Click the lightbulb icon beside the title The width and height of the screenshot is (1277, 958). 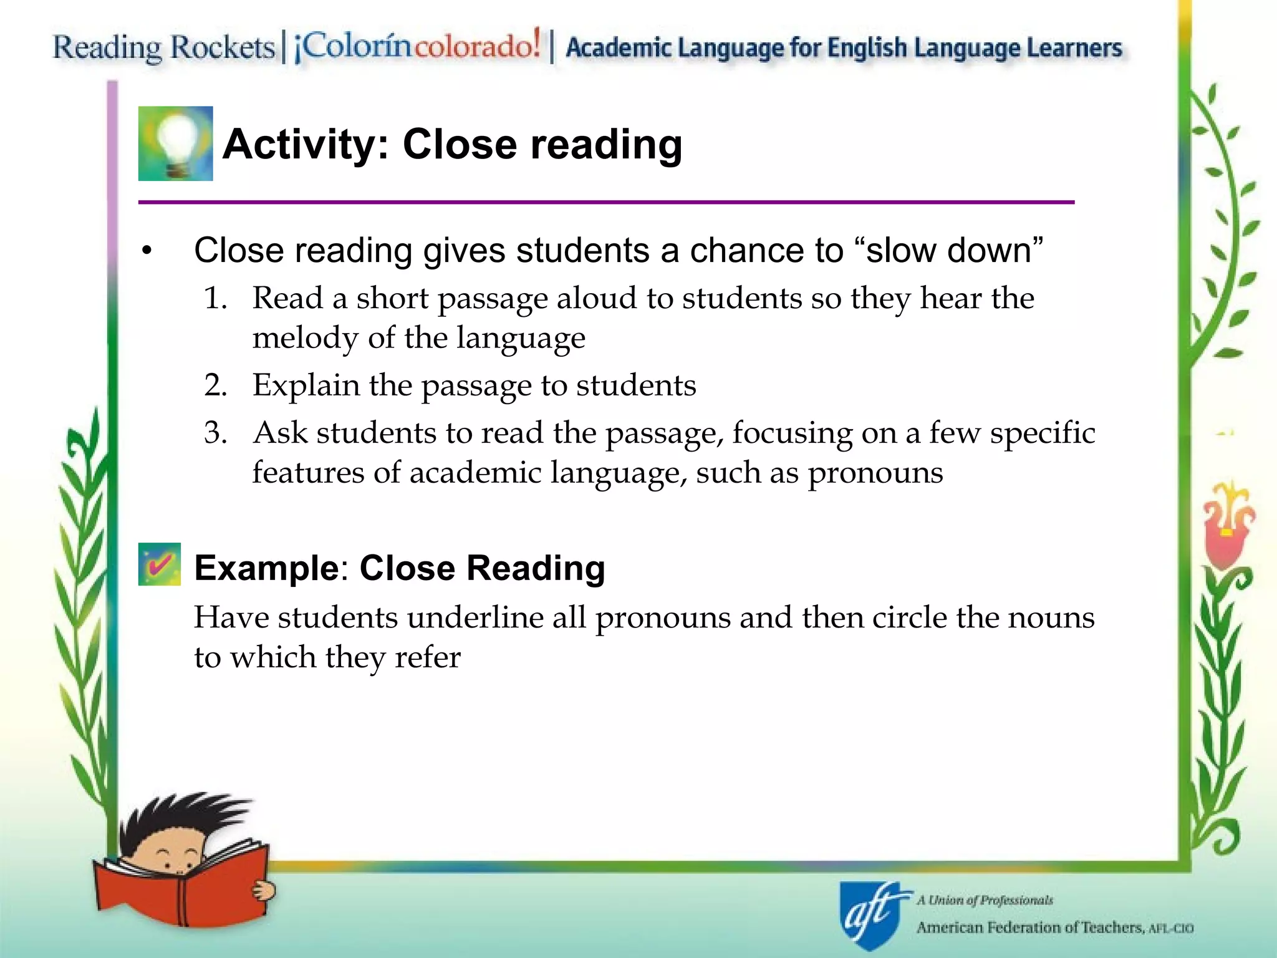point(175,143)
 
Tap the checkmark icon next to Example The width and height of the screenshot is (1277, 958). point(160,564)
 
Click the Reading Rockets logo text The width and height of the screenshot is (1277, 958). point(163,47)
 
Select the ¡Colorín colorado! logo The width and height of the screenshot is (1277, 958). point(417,45)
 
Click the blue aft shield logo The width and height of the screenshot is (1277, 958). point(870,914)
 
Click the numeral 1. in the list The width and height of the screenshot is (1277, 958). point(215,298)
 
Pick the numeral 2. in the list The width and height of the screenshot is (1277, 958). point(215,385)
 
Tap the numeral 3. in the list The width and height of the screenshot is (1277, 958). point(215,433)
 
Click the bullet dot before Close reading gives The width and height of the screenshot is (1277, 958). point(147,251)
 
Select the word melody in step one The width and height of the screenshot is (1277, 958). point(305,338)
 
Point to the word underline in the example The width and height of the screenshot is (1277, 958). point(496,617)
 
